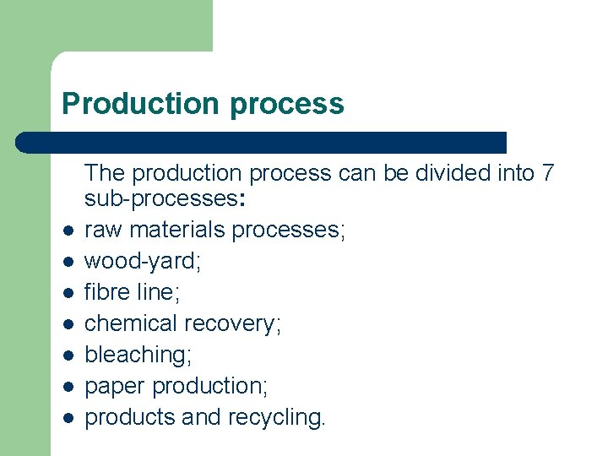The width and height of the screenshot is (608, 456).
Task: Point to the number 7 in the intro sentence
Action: (548, 173)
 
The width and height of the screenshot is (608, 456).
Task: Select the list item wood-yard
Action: (142, 262)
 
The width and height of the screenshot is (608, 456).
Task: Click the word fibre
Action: (107, 292)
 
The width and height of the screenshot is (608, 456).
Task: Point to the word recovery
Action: (233, 323)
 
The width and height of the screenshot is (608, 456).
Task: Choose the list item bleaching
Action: (138, 355)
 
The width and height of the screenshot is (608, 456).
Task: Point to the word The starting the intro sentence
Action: (103, 173)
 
